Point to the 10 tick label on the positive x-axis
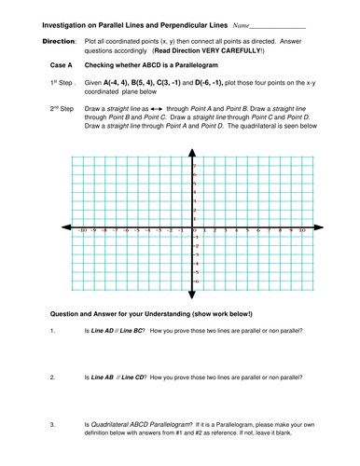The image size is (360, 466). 302,229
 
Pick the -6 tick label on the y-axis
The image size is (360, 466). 195,281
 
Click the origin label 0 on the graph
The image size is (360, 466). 195,229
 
